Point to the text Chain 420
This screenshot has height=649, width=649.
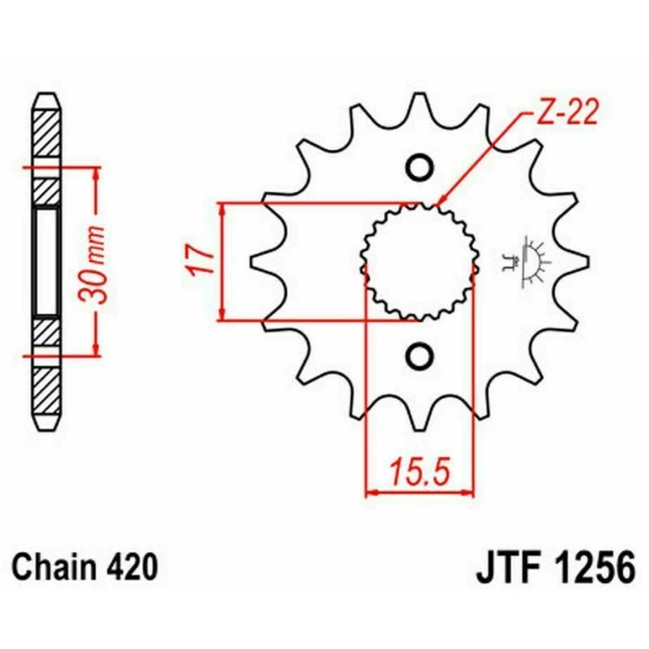coord(84,565)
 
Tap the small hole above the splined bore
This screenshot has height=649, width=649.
coord(419,166)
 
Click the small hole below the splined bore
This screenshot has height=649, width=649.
coord(419,355)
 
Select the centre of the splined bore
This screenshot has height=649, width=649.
coord(419,260)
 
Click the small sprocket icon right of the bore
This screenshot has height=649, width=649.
coord(532,260)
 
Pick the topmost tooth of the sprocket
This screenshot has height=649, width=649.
coord(420,105)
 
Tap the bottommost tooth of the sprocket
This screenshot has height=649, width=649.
coord(420,418)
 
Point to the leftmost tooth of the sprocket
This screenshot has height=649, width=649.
coord(261,260)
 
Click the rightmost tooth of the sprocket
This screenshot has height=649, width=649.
coord(578,260)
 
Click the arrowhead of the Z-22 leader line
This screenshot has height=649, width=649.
coord(440,202)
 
